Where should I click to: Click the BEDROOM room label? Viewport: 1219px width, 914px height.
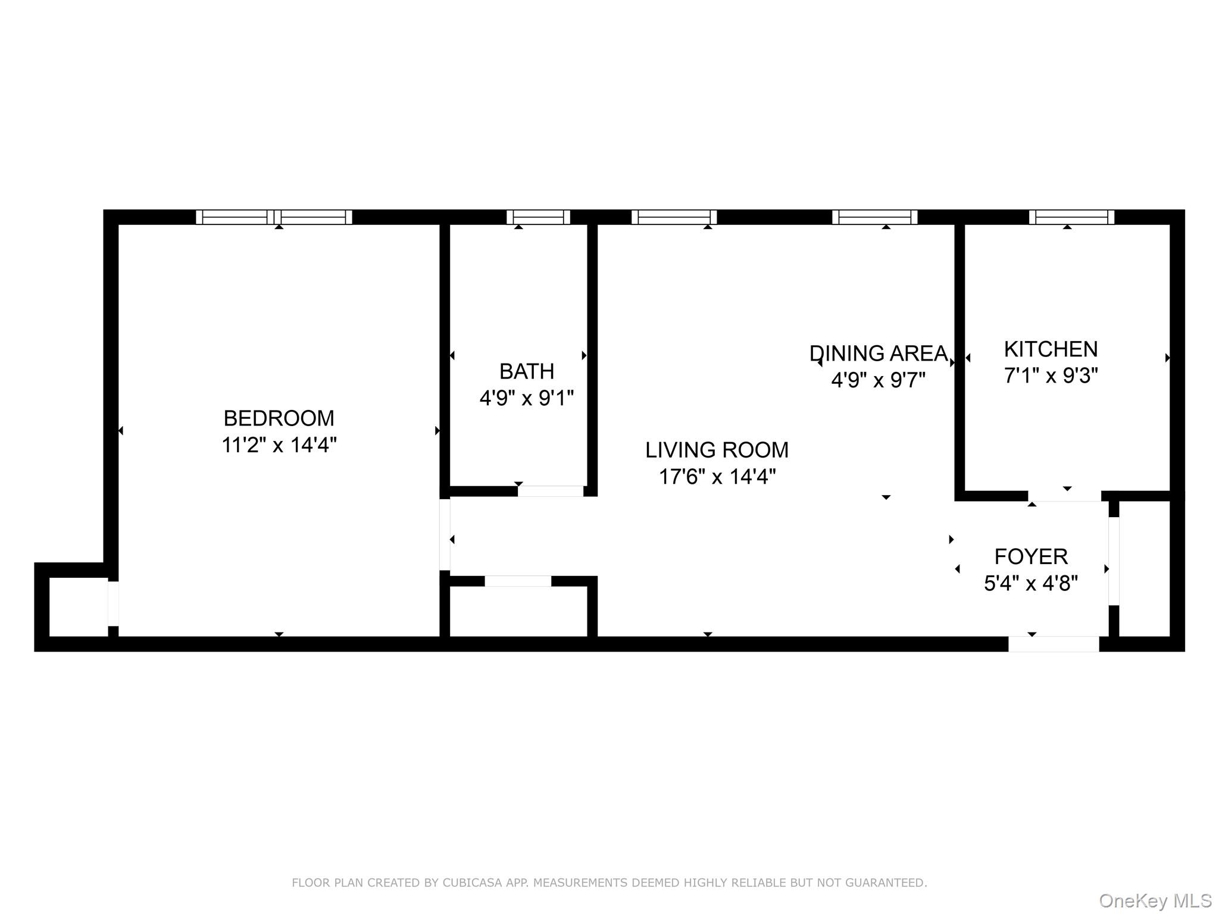click(279, 418)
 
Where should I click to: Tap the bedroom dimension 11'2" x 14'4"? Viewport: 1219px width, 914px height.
click(279, 445)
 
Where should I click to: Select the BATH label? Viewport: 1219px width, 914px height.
click(526, 371)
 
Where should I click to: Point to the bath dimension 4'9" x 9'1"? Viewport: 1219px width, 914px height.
click(526, 398)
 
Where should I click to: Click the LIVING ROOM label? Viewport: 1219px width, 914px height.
click(717, 450)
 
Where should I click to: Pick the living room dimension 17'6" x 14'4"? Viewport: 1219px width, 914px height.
click(717, 477)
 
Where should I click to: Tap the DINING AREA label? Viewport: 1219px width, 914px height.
click(878, 353)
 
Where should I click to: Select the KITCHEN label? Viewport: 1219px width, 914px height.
click(1051, 349)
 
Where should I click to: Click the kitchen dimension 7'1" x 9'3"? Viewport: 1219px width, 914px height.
click(1051, 375)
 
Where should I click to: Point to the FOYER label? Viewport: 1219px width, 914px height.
click(1031, 556)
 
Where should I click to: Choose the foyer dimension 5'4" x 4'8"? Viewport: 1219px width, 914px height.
click(1031, 583)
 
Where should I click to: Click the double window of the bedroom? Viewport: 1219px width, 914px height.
click(274, 217)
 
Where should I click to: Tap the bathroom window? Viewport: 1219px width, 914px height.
click(538, 217)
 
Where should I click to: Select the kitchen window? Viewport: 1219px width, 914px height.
click(1071, 217)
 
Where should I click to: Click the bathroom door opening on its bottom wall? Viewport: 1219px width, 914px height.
click(550, 492)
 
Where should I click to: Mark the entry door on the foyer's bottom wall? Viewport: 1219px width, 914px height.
click(1053, 644)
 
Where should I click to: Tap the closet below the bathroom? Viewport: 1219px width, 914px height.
click(518, 612)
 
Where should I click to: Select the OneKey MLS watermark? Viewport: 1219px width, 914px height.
click(1155, 901)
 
